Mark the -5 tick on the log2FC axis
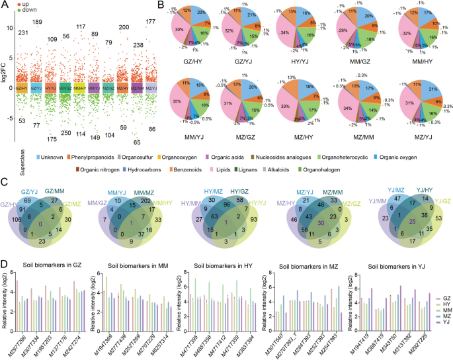pyautogui.click(x=12, y=118)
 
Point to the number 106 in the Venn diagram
pyautogui.click(x=14, y=220)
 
